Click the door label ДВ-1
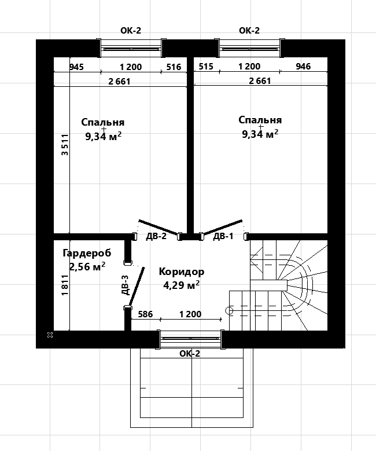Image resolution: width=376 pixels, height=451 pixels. [x=223, y=236]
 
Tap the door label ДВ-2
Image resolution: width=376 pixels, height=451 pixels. [x=156, y=236]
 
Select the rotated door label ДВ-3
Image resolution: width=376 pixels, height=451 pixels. [x=125, y=285]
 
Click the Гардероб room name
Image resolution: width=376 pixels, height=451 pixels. [x=87, y=253]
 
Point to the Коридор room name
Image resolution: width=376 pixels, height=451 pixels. [x=182, y=272]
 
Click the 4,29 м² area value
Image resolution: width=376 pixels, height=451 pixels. [x=182, y=285]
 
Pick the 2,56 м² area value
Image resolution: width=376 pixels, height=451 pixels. [x=87, y=266]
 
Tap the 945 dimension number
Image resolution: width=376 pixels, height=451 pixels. [x=77, y=67]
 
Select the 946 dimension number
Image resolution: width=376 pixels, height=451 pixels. [x=303, y=67]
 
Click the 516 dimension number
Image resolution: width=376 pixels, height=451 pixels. [x=174, y=67]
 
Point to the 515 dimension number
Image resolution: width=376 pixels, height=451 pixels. [x=206, y=67]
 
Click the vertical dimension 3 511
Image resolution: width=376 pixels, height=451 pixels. [x=65, y=145]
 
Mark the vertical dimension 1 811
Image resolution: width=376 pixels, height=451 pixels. [x=65, y=285]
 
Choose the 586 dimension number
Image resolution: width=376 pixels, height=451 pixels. [x=145, y=314]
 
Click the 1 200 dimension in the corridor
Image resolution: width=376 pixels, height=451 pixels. [x=190, y=314]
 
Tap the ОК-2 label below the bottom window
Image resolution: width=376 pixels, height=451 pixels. [x=190, y=354]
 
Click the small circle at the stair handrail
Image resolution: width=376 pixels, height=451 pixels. [x=230, y=311]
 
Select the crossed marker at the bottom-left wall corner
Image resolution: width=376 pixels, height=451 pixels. [x=50, y=335]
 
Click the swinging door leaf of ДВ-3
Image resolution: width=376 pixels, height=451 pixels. [x=137, y=286]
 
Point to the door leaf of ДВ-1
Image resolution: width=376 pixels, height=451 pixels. [x=222, y=227]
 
